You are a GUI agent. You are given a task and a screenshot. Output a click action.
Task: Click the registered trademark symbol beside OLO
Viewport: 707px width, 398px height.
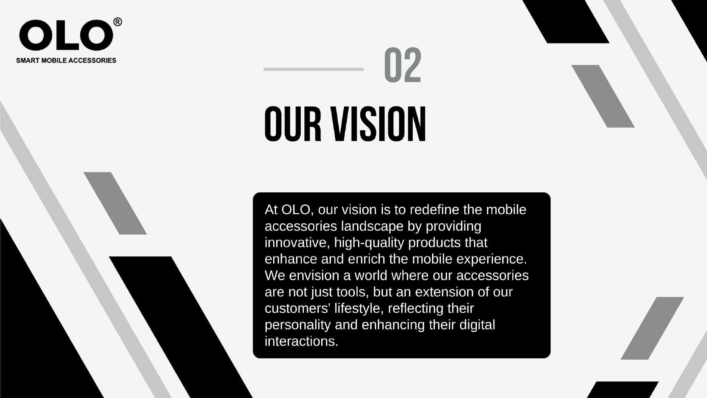click(117, 22)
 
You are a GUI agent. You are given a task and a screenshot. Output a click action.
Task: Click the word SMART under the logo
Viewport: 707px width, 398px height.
click(28, 60)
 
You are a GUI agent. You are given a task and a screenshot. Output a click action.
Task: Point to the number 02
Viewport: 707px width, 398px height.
click(403, 65)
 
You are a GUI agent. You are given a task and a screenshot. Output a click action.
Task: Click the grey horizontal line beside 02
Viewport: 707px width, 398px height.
click(314, 69)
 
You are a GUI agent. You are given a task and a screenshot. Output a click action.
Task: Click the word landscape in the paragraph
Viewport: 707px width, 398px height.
click(372, 227)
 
